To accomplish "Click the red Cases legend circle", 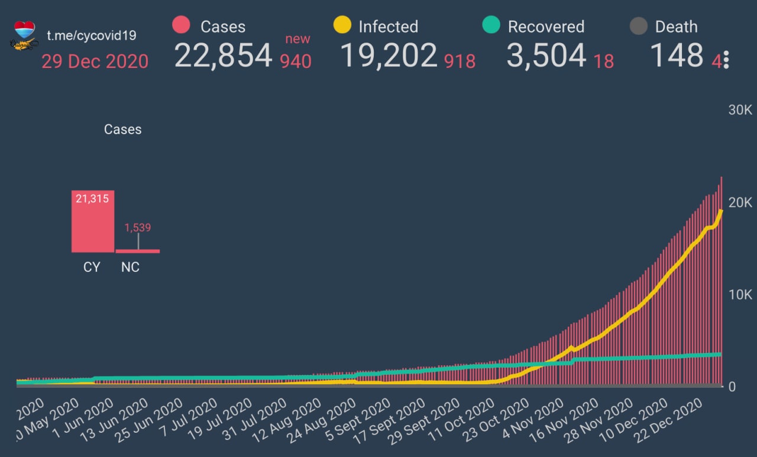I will point(181,26).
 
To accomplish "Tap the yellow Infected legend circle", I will point(342,26).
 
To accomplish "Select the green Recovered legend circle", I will point(491,26).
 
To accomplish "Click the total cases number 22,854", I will point(223,56).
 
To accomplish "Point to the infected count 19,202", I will point(389,56).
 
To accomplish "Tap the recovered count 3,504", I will point(546,56).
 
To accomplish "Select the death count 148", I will point(677,56).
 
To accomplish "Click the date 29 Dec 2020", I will point(95,61).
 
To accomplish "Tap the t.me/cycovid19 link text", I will point(92,35).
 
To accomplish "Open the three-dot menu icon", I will point(726,60).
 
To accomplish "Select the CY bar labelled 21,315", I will point(93,221).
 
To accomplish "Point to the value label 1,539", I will point(138,228).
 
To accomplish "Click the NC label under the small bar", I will point(130,267).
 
